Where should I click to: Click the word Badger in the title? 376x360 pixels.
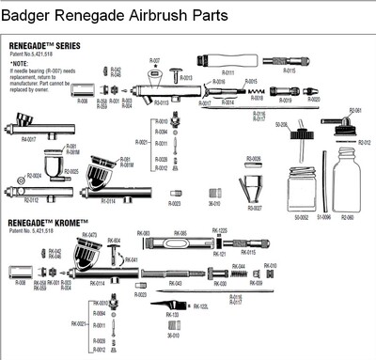[x=38, y=13]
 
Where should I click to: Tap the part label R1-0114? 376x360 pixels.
[x=108, y=199]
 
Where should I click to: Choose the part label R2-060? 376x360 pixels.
[x=346, y=215]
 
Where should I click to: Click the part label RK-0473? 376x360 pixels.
[x=89, y=234]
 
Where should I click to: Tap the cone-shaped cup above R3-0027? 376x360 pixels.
[x=254, y=185]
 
